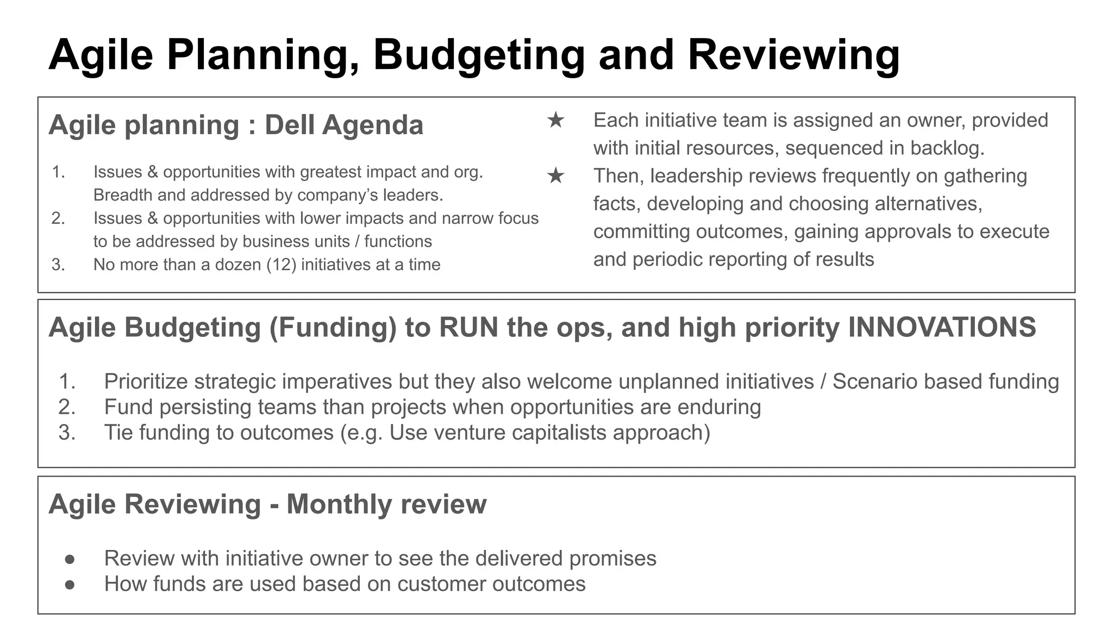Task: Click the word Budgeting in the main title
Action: click(x=479, y=56)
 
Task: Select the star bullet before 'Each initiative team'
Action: click(x=555, y=120)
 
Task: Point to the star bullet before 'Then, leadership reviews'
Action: click(x=555, y=176)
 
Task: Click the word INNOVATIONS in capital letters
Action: click(x=942, y=328)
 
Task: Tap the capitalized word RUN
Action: click(x=468, y=328)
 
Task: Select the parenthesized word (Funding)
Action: click(x=333, y=328)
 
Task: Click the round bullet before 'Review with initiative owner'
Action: click(x=70, y=559)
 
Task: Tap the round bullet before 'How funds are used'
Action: click(x=70, y=584)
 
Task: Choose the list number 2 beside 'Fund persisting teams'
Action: click(x=66, y=407)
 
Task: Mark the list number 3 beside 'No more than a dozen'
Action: click(x=58, y=265)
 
